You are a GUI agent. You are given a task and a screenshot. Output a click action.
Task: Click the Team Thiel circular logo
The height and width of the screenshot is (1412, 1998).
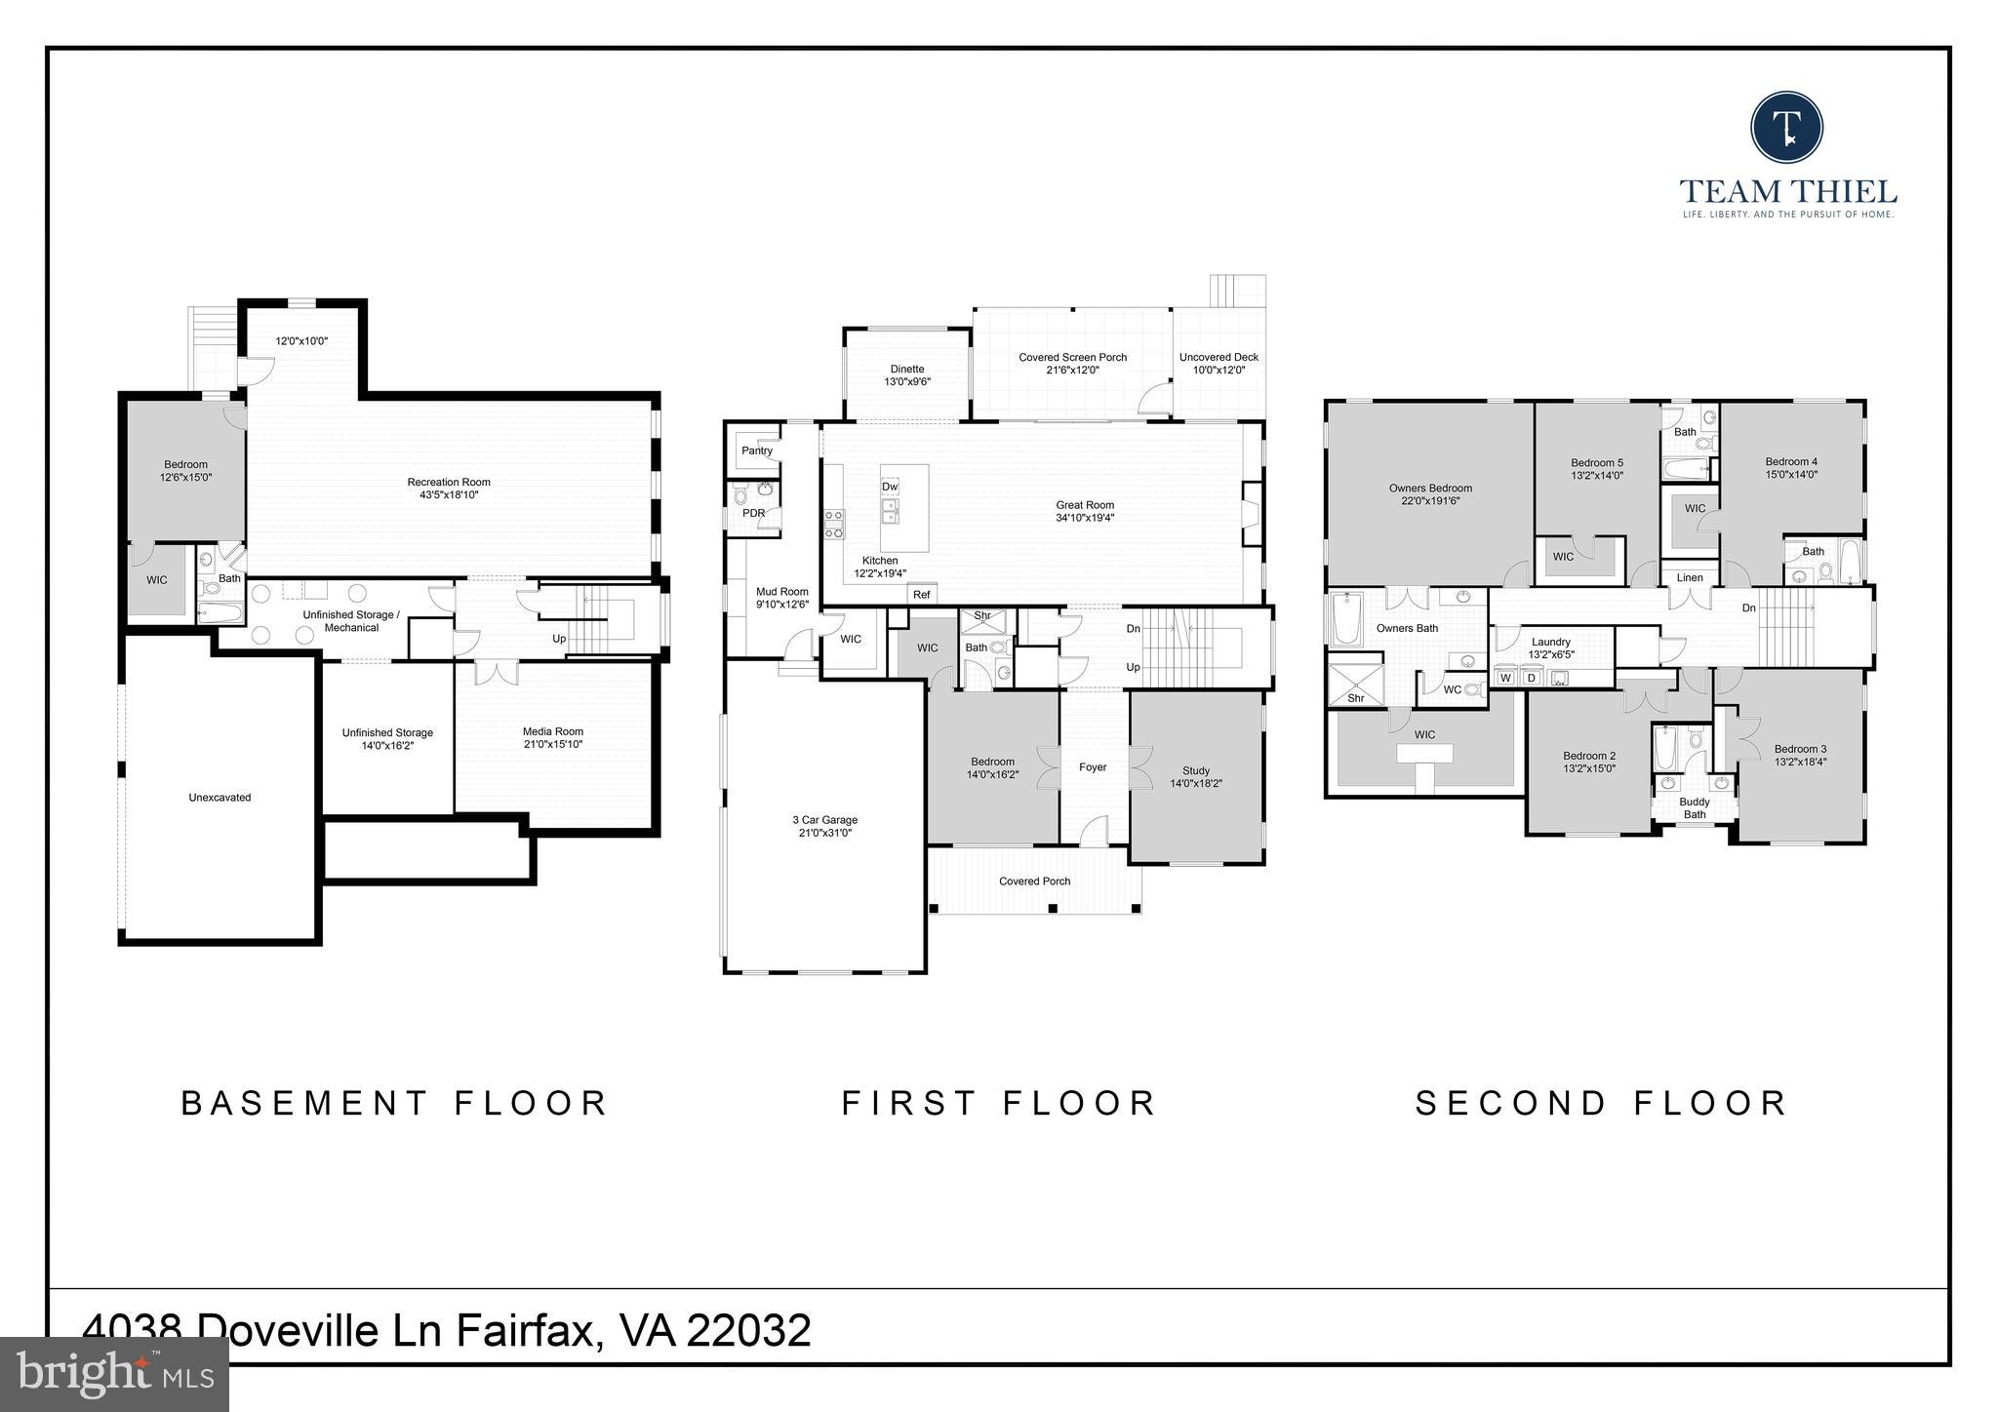pyautogui.click(x=1786, y=128)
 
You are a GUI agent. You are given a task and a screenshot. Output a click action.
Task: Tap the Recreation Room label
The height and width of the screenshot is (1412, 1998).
pyautogui.click(x=449, y=482)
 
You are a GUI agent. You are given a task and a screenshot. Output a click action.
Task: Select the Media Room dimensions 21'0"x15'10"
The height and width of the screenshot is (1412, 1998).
pyautogui.click(x=553, y=744)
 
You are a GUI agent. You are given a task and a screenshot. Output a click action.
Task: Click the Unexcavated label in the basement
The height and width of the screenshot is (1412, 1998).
pyautogui.click(x=220, y=798)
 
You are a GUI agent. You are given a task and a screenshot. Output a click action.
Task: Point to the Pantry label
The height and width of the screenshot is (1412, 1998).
pyautogui.click(x=757, y=451)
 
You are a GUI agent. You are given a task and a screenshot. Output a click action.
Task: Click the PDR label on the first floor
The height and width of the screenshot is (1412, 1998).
pyautogui.click(x=753, y=513)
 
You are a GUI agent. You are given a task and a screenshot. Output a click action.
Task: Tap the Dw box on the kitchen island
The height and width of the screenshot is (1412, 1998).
pyautogui.click(x=890, y=487)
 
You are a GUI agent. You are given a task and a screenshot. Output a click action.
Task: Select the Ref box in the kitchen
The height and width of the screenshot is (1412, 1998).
pyautogui.click(x=921, y=594)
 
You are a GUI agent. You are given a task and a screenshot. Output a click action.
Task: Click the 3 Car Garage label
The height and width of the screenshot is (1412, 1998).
pyautogui.click(x=825, y=820)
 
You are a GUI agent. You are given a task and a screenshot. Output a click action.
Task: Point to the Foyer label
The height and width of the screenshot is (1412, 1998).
pyautogui.click(x=1093, y=767)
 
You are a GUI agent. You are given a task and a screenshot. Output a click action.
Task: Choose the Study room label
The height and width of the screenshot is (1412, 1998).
pyautogui.click(x=1196, y=770)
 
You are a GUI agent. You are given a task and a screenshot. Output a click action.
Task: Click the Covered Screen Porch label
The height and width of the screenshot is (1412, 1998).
pyautogui.click(x=1072, y=357)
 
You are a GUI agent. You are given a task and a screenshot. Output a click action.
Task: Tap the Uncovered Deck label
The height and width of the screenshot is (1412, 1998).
pyautogui.click(x=1219, y=357)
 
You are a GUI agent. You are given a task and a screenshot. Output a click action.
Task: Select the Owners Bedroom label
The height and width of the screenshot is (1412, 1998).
pyautogui.click(x=1430, y=488)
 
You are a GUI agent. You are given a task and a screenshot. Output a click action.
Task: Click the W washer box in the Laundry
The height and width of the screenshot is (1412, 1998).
pyautogui.click(x=1505, y=678)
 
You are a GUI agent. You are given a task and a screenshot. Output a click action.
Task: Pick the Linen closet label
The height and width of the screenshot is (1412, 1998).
pyautogui.click(x=1690, y=578)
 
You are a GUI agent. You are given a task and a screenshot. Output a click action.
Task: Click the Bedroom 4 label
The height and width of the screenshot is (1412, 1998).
pyautogui.click(x=1791, y=462)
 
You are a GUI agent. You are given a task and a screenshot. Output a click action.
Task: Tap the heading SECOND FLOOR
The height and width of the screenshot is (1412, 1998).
pyautogui.click(x=1601, y=1103)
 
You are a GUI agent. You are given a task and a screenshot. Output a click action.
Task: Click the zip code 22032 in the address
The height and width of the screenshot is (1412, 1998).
pyautogui.click(x=748, y=1330)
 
